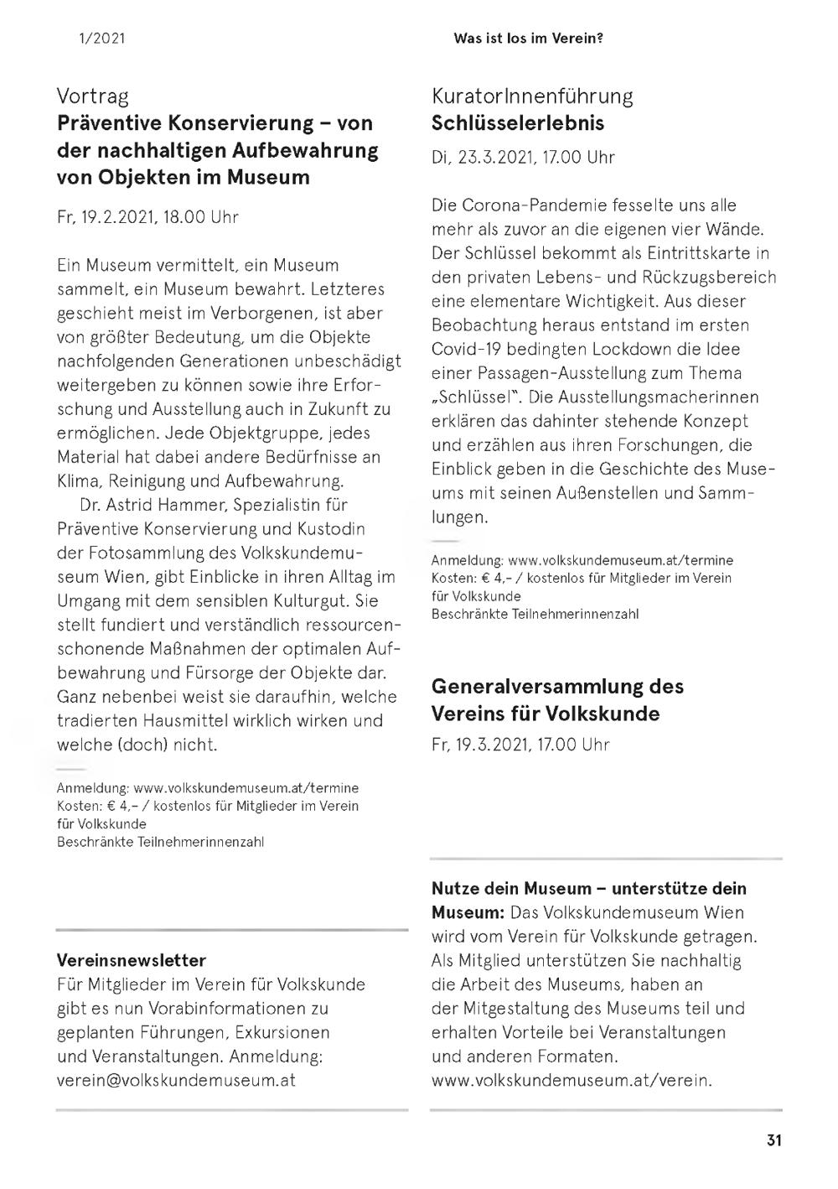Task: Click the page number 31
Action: (x=773, y=1140)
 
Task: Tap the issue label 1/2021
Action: (x=102, y=38)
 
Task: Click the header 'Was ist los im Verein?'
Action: (x=528, y=38)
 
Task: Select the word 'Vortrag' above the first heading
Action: (x=93, y=96)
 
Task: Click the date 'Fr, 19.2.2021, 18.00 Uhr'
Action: (x=147, y=217)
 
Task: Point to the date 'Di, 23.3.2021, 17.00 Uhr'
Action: (x=523, y=157)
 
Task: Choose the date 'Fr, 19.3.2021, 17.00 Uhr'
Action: (x=520, y=745)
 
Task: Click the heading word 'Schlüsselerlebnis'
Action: (x=517, y=123)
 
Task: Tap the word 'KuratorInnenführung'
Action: (x=532, y=96)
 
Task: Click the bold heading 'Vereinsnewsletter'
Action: (x=132, y=960)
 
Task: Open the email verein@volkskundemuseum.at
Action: (x=176, y=1080)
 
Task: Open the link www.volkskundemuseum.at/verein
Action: (x=572, y=1080)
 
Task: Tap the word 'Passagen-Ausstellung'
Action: (x=539, y=373)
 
